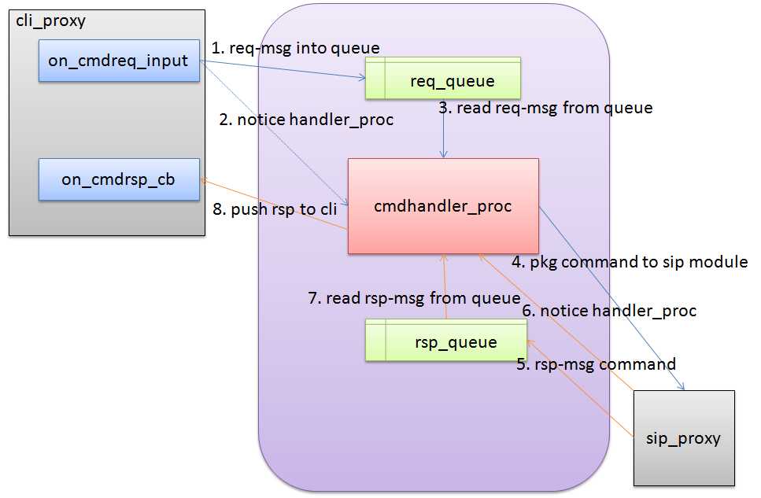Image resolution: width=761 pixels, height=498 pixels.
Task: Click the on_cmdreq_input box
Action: click(x=119, y=61)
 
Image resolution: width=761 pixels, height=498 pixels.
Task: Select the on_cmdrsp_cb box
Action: click(x=119, y=179)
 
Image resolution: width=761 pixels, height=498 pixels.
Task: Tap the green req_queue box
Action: click(x=443, y=79)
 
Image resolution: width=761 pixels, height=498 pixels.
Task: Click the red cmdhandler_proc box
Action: click(x=443, y=206)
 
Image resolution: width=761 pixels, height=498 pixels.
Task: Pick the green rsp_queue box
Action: click(x=445, y=341)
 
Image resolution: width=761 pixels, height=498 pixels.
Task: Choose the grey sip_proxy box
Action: click(x=684, y=437)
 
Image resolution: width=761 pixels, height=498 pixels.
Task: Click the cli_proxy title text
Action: click(x=51, y=21)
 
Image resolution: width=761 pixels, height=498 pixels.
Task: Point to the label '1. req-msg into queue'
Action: click(x=296, y=48)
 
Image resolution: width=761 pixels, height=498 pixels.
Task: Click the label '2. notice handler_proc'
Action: click(x=307, y=120)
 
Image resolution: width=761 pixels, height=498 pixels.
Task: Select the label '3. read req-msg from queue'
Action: click(x=546, y=108)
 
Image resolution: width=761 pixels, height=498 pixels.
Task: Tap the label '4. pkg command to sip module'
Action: click(x=630, y=262)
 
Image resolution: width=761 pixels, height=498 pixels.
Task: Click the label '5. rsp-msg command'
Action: click(x=596, y=364)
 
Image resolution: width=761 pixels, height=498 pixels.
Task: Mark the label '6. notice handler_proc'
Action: click(x=610, y=311)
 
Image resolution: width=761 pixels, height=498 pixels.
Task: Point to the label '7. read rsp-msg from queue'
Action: click(x=414, y=298)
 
